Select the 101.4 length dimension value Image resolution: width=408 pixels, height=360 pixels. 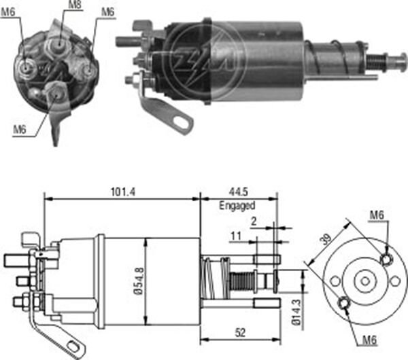click(122, 192)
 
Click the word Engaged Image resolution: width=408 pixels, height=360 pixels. click(237, 205)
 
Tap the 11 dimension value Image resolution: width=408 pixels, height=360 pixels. click(236, 236)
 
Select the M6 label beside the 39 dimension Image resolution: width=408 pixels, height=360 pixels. click(378, 216)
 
